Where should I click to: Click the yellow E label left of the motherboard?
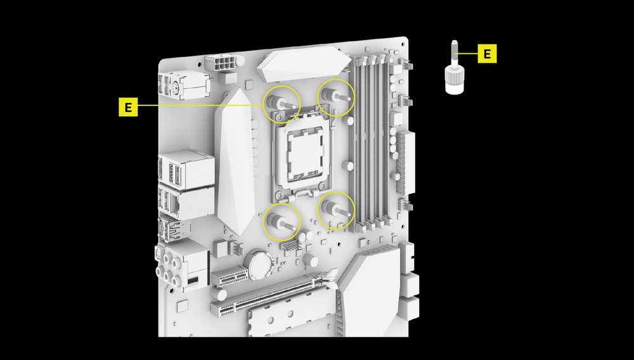[x=128, y=107]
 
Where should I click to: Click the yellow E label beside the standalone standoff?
[x=487, y=54]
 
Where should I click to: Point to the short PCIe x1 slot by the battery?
[x=230, y=277]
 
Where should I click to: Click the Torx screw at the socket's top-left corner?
[x=278, y=117]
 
